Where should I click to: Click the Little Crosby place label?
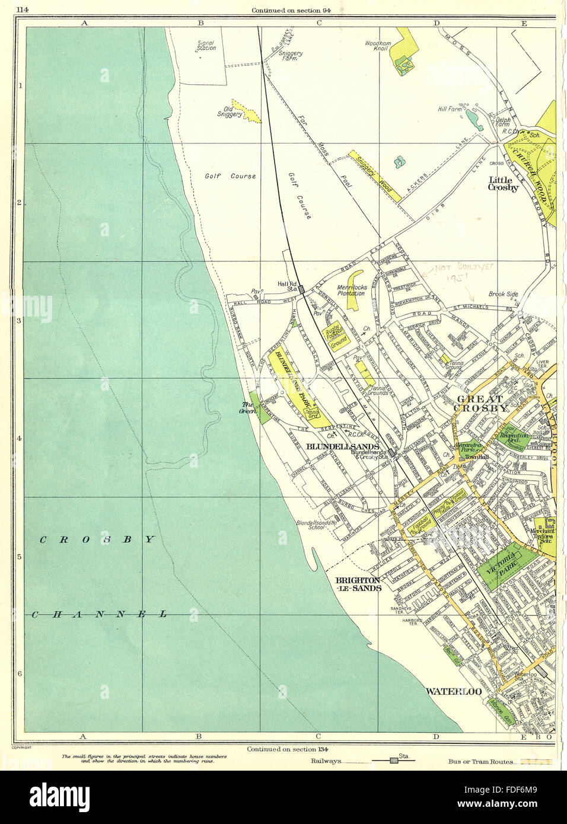click(x=503, y=183)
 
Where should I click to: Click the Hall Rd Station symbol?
click(x=301, y=289)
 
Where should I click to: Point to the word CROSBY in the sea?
click(x=98, y=539)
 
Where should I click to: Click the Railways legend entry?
click(x=326, y=761)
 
